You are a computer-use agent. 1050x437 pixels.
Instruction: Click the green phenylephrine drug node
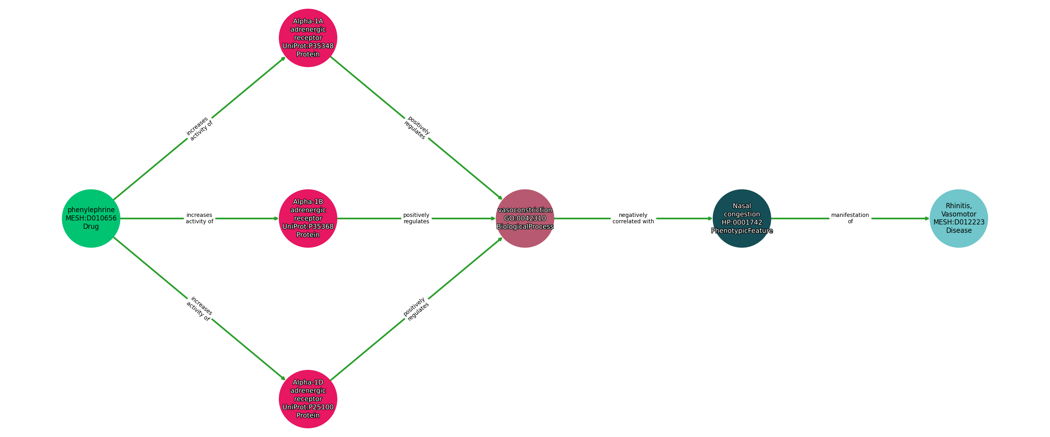click(x=91, y=218)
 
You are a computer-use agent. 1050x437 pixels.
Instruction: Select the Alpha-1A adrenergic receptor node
click(x=308, y=37)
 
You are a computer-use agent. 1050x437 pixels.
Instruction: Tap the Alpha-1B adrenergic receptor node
click(x=308, y=218)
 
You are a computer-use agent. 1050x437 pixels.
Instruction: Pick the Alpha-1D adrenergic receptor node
click(x=308, y=399)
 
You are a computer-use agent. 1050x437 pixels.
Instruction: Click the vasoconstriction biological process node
click(x=525, y=218)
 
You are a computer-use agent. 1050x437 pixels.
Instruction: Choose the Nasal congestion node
click(x=741, y=218)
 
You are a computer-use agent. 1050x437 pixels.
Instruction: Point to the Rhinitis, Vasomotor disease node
click(x=958, y=218)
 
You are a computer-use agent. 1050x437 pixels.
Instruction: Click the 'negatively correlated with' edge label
click(x=633, y=218)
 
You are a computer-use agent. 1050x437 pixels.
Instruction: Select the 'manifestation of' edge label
click(x=850, y=218)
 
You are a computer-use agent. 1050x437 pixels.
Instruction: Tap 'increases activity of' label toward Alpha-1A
click(x=199, y=129)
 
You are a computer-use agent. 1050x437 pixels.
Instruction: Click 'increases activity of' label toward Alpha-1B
click(x=199, y=218)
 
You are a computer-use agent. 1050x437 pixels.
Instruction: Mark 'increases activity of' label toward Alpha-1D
click(x=199, y=309)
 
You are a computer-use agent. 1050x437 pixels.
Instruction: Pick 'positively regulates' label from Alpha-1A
click(x=416, y=128)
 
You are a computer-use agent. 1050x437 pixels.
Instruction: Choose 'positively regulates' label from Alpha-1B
click(x=416, y=218)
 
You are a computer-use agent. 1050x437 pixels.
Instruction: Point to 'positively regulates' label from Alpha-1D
click(x=416, y=309)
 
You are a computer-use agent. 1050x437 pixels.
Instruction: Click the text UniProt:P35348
click(x=308, y=46)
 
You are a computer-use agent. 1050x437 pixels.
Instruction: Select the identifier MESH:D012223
click(x=959, y=222)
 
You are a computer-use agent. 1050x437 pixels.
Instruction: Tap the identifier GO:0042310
click(x=525, y=218)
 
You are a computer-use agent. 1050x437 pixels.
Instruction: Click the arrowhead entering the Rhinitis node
click(x=926, y=218)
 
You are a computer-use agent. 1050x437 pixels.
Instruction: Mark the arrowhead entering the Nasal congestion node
click(x=710, y=218)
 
